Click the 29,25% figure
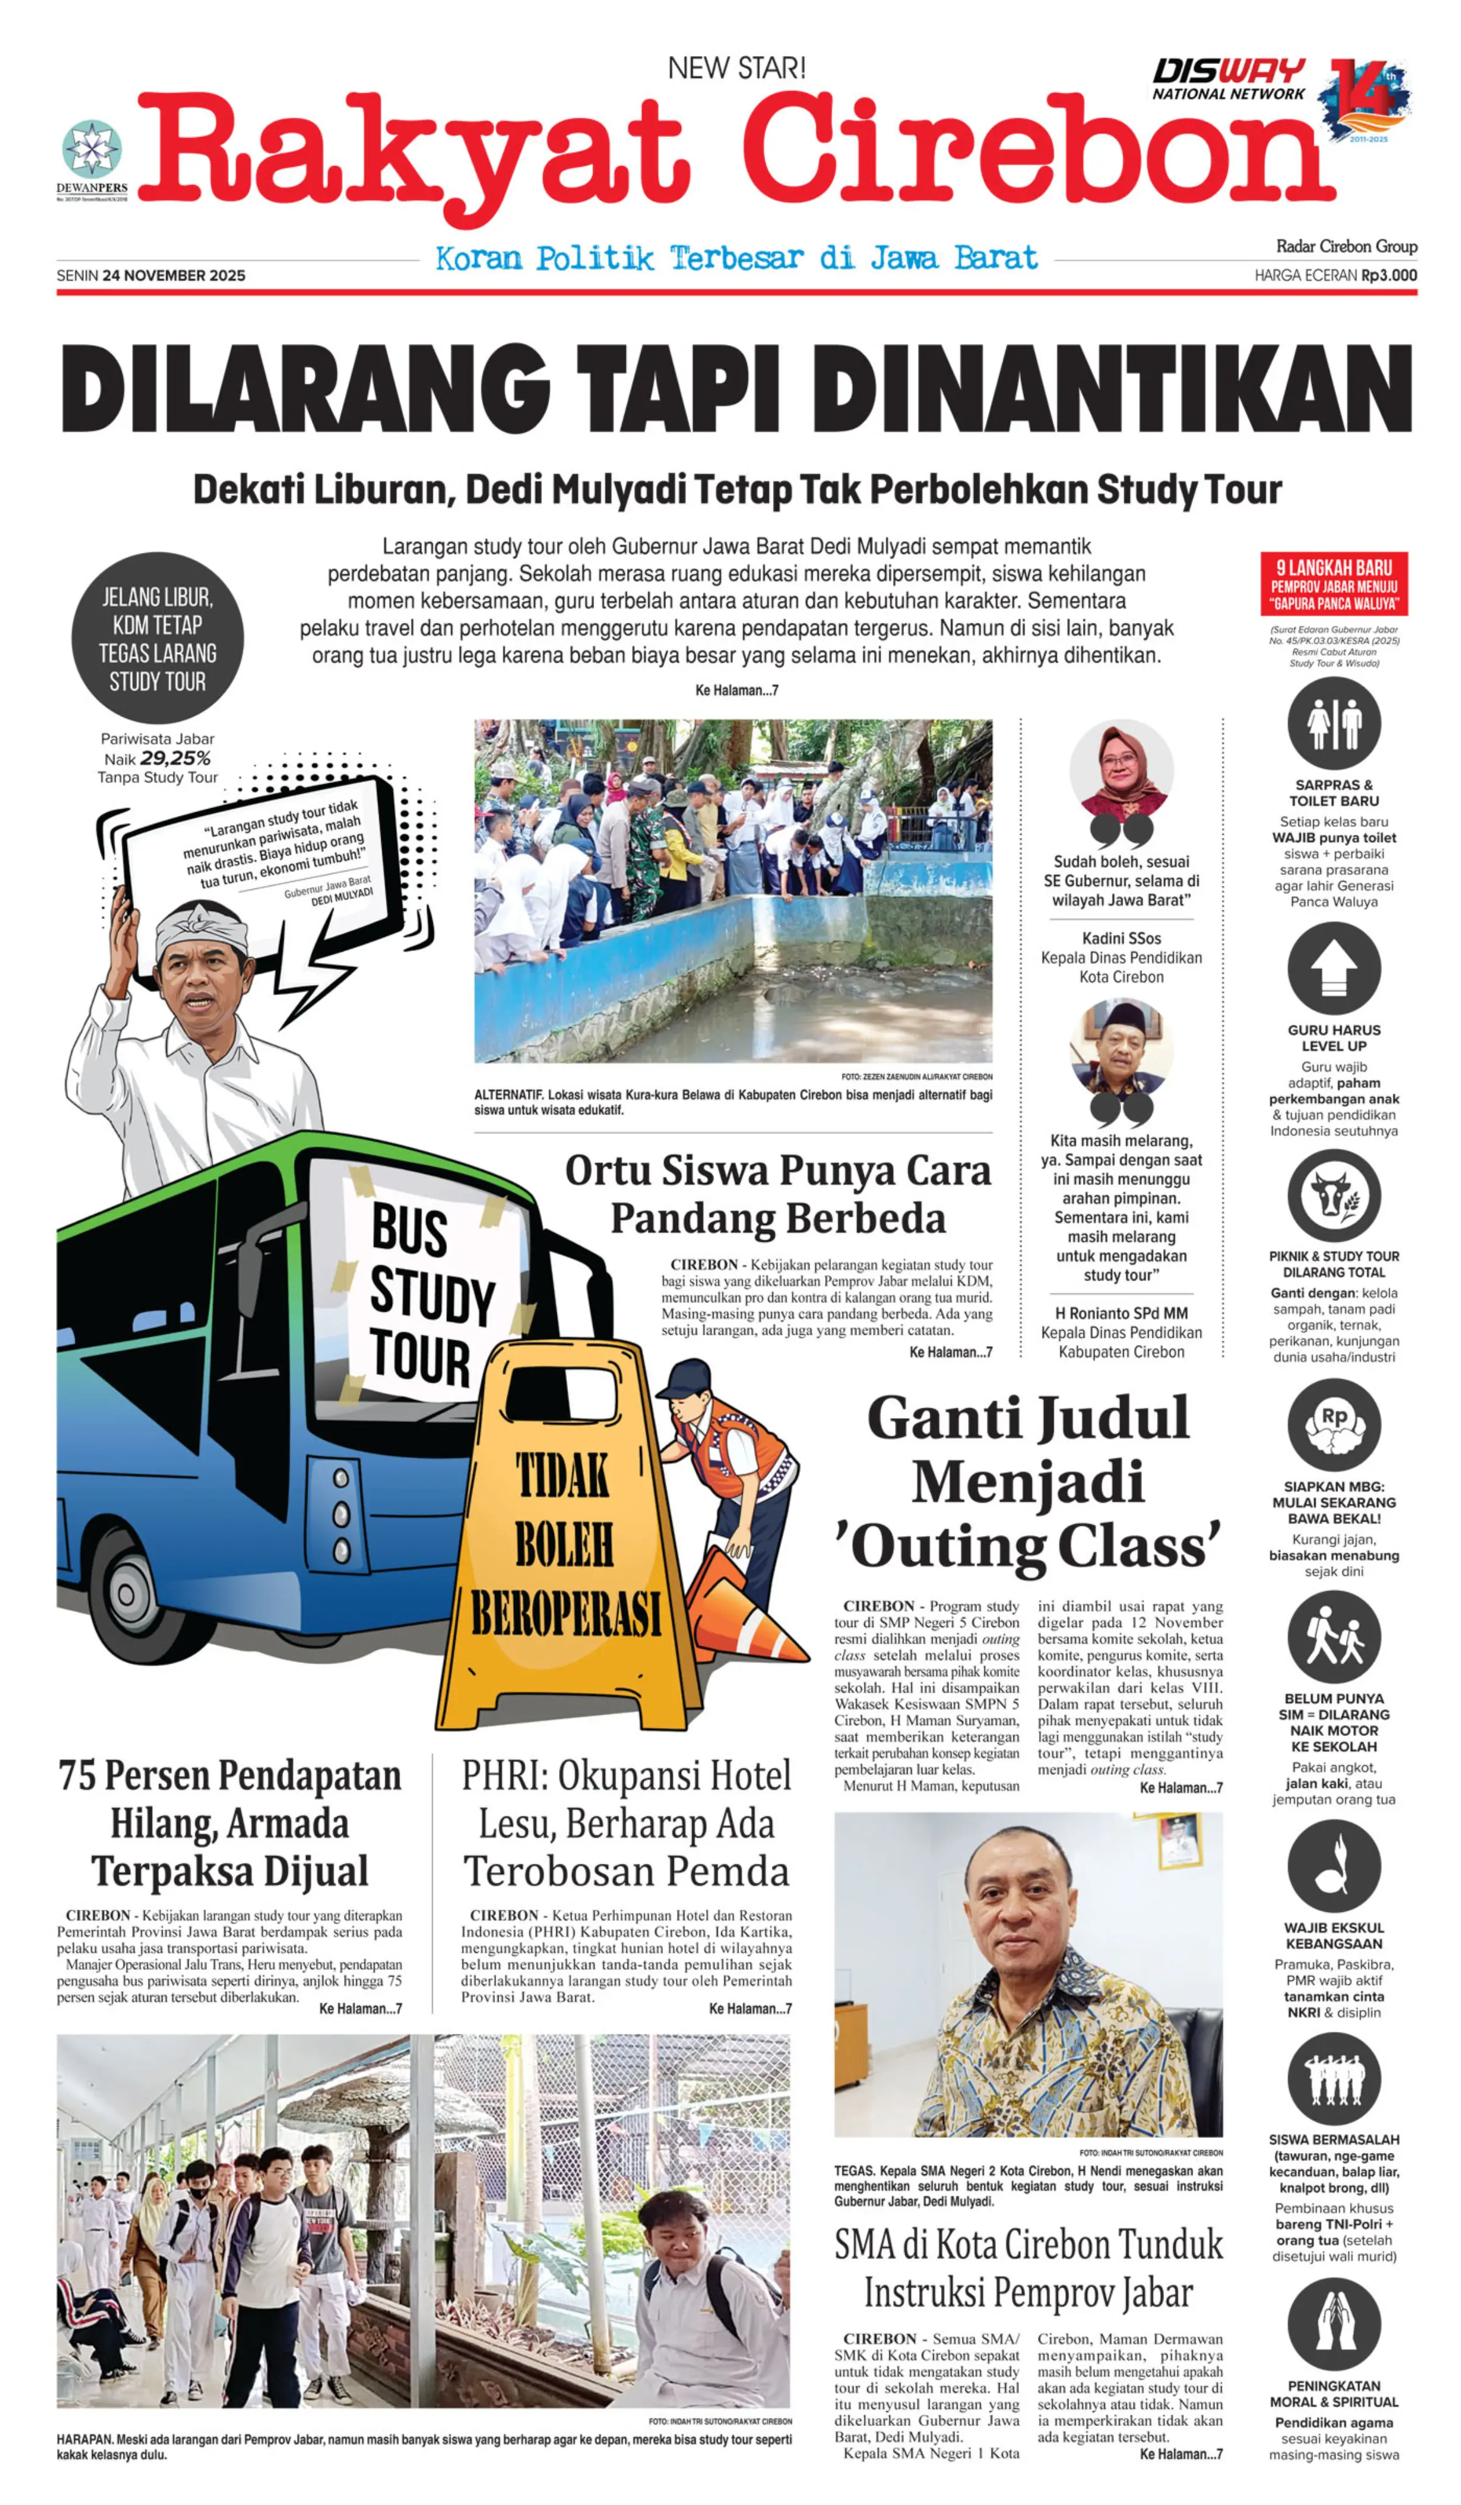tap(175, 759)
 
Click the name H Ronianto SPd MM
tap(1121, 1313)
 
